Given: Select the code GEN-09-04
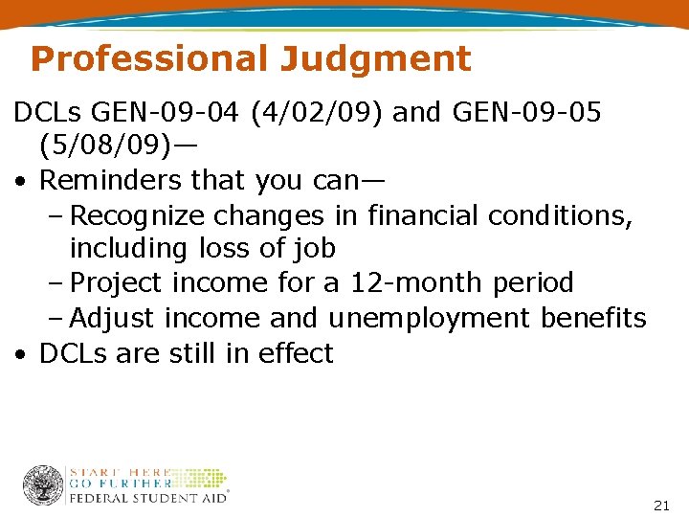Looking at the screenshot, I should tap(164, 114).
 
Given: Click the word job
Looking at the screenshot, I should tap(315, 249).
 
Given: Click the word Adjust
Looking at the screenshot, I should tap(114, 317).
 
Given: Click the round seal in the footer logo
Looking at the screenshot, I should tap(43, 485).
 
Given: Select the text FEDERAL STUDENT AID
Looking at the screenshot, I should tap(149, 498).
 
